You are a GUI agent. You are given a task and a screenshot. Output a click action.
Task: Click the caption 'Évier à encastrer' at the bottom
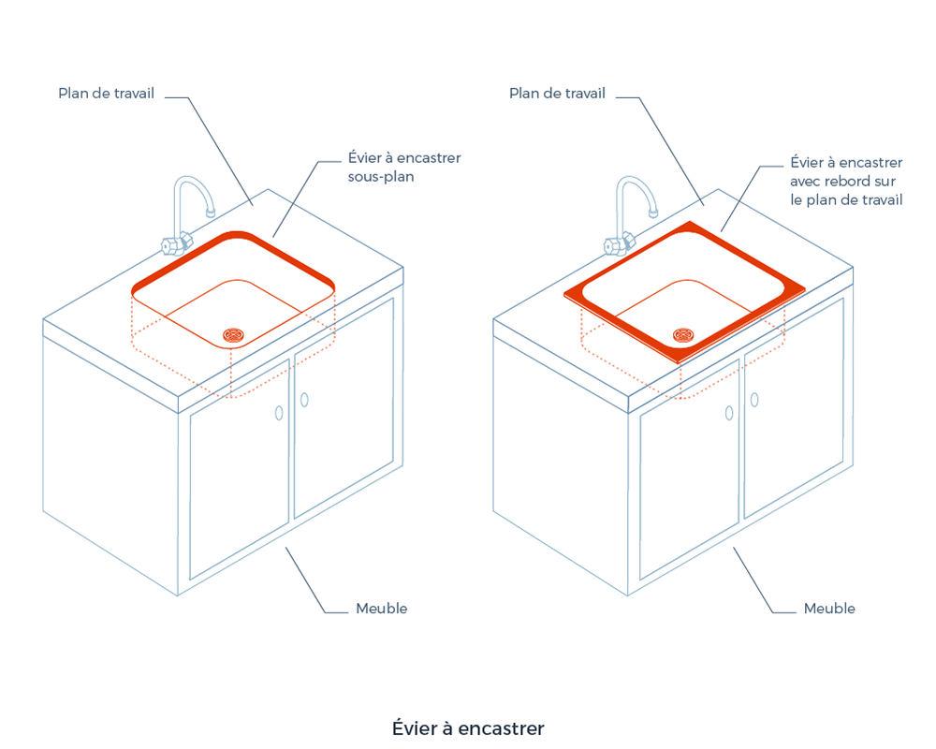pyautogui.click(x=468, y=728)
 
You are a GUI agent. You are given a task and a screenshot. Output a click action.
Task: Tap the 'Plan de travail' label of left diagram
pyautogui.click(x=106, y=94)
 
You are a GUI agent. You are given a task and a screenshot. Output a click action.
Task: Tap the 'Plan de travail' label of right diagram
pyautogui.click(x=557, y=94)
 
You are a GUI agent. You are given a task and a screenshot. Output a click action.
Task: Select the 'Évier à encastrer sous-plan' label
pyautogui.click(x=403, y=167)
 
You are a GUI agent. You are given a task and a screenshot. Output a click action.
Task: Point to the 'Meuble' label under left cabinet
pyautogui.click(x=381, y=609)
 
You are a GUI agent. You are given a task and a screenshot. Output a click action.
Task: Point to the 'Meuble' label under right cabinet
pyautogui.click(x=829, y=609)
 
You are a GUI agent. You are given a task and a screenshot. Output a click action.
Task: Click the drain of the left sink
pyautogui.click(x=233, y=333)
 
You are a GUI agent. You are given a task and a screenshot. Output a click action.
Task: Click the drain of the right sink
pyautogui.click(x=683, y=333)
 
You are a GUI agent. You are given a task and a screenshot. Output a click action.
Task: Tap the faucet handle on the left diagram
pyautogui.click(x=172, y=246)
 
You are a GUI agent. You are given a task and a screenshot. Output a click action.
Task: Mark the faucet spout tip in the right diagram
pyautogui.click(x=658, y=210)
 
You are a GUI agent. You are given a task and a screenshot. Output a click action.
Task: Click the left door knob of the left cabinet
pyautogui.click(x=278, y=413)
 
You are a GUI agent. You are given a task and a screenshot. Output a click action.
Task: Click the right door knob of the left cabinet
pyautogui.click(x=304, y=400)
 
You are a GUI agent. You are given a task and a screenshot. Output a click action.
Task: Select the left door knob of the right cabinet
pyautogui.click(x=728, y=413)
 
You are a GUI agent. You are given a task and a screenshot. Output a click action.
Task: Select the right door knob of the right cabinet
pyautogui.click(x=754, y=400)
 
